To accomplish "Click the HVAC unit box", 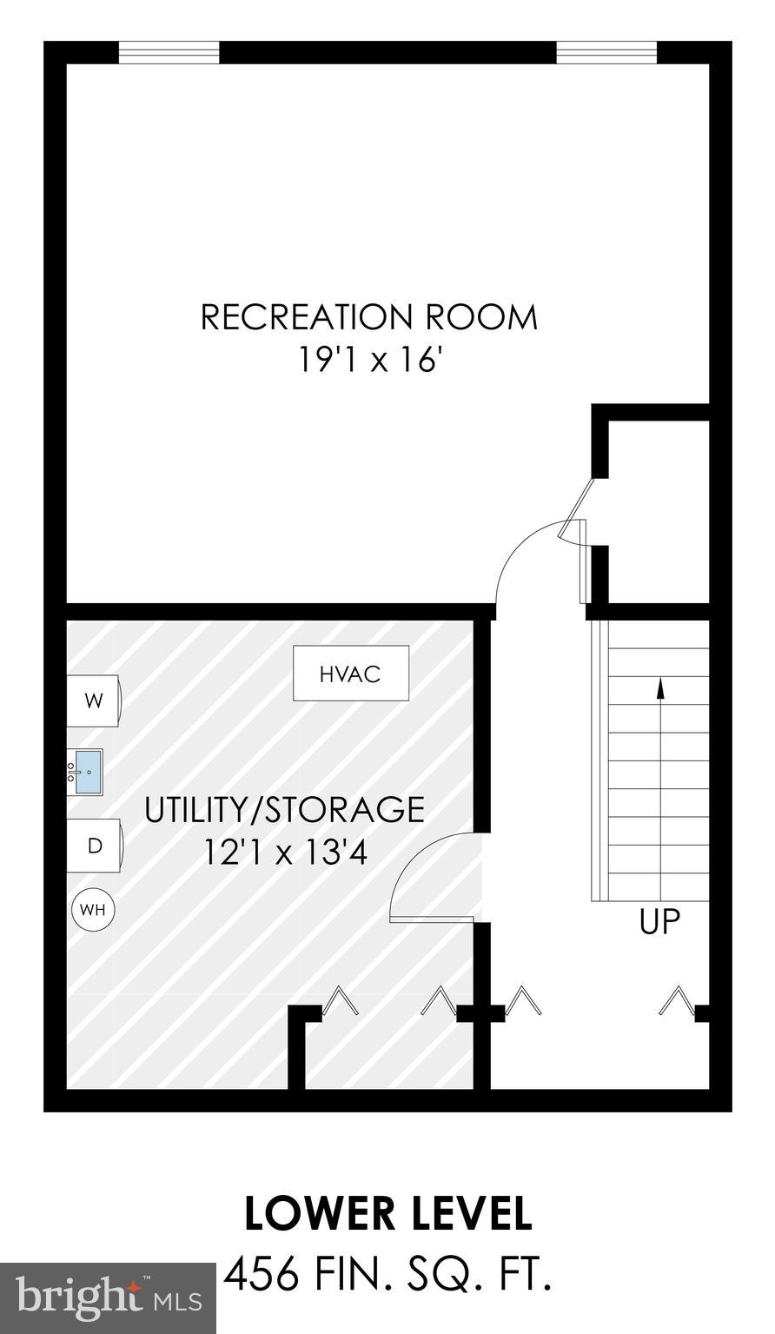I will tap(350, 674).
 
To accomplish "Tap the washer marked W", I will tap(94, 700).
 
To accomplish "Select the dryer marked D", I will tap(95, 846).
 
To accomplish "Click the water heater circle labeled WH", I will tap(93, 910).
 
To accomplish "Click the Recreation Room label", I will tap(369, 317).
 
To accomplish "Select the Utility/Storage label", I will tap(284, 810).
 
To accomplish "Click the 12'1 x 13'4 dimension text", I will tap(286, 853).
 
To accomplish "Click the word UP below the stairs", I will tap(659, 921).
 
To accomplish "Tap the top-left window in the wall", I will tap(169, 53).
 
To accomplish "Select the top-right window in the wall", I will tap(606, 53).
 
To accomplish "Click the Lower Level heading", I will tap(387, 1214).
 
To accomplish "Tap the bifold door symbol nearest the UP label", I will tap(676, 1001).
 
